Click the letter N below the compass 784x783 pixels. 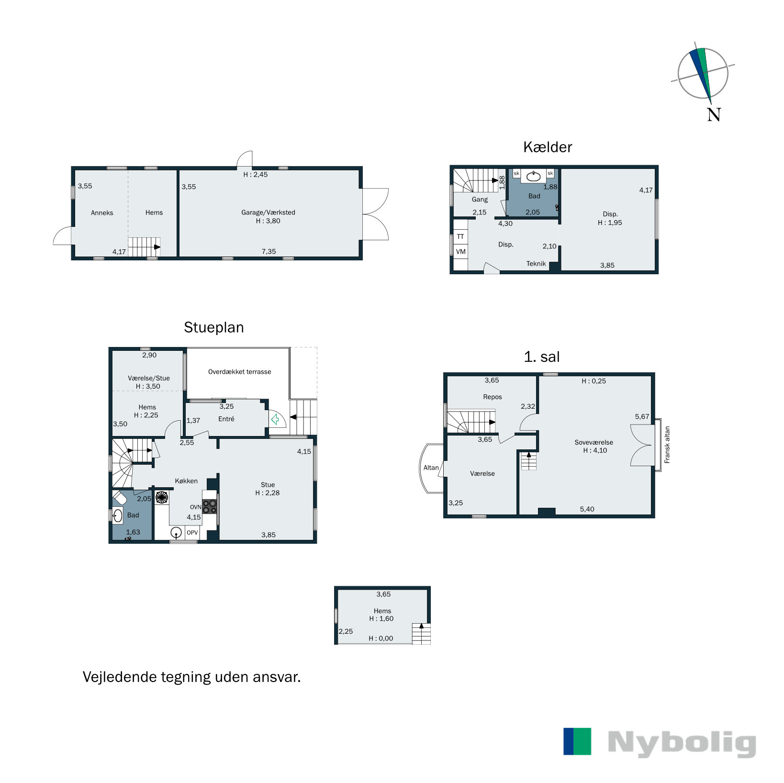pos(714,115)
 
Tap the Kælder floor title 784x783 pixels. pos(548,147)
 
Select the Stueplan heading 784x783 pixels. pos(213,327)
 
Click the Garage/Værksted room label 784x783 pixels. pos(268,213)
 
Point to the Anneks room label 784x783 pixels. pos(102,213)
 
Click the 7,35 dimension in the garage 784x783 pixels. pos(269,252)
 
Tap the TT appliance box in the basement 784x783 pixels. pos(460,236)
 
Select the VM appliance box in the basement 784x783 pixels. pos(460,252)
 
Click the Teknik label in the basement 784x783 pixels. pos(536,264)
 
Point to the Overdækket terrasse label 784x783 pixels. pos(239,372)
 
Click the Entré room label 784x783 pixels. pos(226,419)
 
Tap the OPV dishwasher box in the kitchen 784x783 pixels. pos(192,533)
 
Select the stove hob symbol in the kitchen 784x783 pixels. pos(209,506)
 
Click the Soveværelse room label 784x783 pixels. pos(594,443)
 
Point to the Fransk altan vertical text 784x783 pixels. pos(667,445)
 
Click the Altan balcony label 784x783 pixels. pos(431,468)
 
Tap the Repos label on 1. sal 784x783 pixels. pos(493,397)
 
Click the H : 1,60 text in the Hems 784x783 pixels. pos(381,619)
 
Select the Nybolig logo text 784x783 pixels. pos(682,743)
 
